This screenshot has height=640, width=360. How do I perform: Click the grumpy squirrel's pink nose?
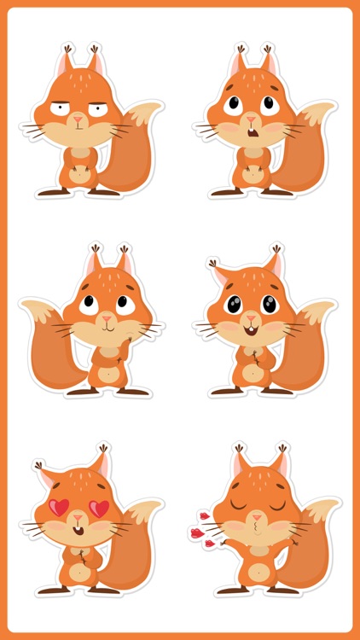pyautogui.click(x=78, y=117)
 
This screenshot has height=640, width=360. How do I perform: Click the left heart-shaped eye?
pyautogui.click(x=59, y=506)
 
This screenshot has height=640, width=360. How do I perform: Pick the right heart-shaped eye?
pyautogui.click(x=99, y=508)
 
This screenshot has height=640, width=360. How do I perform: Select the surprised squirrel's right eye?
pyautogui.click(x=269, y=103)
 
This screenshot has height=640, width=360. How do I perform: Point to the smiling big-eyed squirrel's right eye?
pyautogui.click(x=269, y=303)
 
